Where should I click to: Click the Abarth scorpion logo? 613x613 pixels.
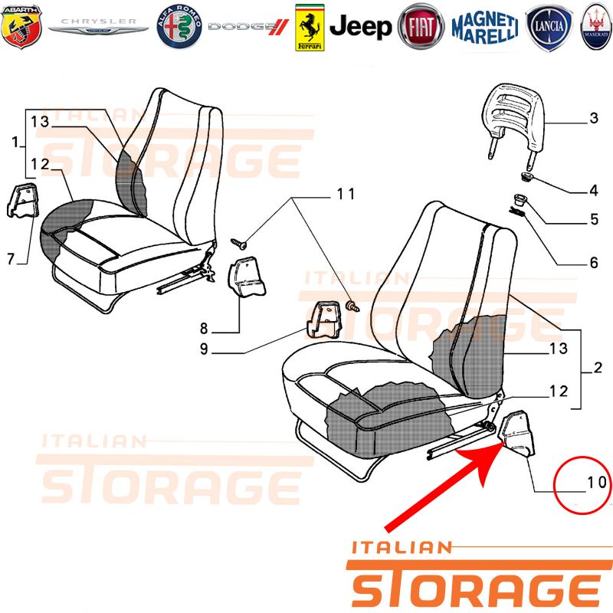pyautogui.click(x=21, y=27)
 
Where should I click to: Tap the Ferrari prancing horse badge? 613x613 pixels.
pyautogui.click(x=310, y=28)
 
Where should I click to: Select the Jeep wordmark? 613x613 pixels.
pyautogui.click(x=360, y=27)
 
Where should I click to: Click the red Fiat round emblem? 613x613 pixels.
pyautogui.click(x=421, y=27)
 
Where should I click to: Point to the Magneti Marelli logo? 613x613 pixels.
pyautogui.click(x=485, y=27)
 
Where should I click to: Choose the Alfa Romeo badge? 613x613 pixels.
pyautogui.click(x=179, y=27)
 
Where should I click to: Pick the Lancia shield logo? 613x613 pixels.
pyautogui.click(x=549, y=27)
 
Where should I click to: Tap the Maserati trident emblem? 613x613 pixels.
pyautogui.click(x=597, y=27)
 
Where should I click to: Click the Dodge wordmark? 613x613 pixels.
pyautogui.click(x=248, y=27)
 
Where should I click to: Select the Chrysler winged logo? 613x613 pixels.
pyautogui.click(x=99, y=27)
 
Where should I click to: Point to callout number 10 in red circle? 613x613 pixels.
pyautogui.click(x=597, y=483)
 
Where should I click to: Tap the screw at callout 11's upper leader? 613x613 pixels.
pyautogui.click(x=238, y=244)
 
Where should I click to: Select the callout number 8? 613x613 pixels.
pyautogui.click(x=204, y=329)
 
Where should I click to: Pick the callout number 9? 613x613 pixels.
pyautogui.click(x=204, y=349)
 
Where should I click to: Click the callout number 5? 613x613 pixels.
pyautogui.click(x=595, y=219)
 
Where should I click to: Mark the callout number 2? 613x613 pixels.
pyautogui.click(x=598, y=368)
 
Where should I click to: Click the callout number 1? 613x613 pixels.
pyautogui.click(x=15, y=142)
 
